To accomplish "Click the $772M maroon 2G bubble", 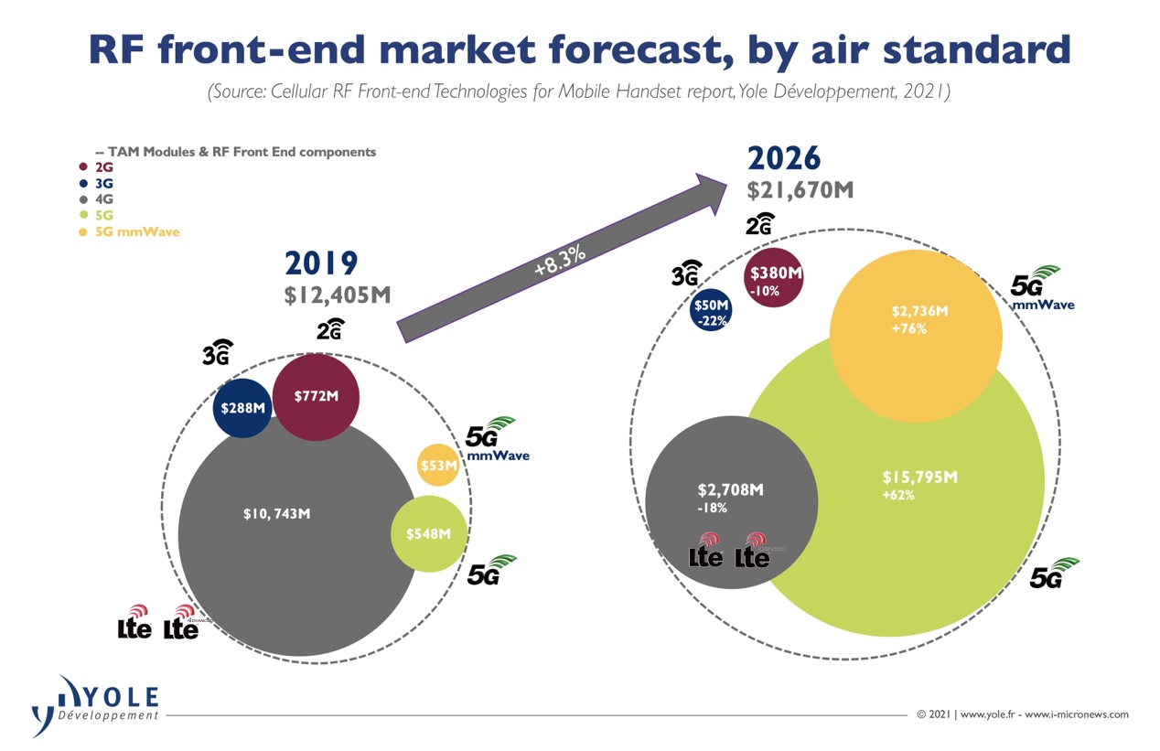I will tap(316, 398).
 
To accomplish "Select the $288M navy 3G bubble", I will tap(242, 408).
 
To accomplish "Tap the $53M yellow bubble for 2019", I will tap(438, 466).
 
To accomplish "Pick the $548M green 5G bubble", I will tap(428, 533).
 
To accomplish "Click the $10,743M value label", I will tap(276, 514).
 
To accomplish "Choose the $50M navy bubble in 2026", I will tap(711, 311).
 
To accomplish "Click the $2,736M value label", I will tap(919, 311).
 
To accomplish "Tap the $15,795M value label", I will tap(919, 477).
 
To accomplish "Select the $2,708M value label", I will tap(730, 489).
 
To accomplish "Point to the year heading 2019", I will tap(321, 263).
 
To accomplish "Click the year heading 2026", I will tap(785, 158).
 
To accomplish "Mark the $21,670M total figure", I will tap(800, 189).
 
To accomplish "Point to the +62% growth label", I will tap(898, 496).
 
